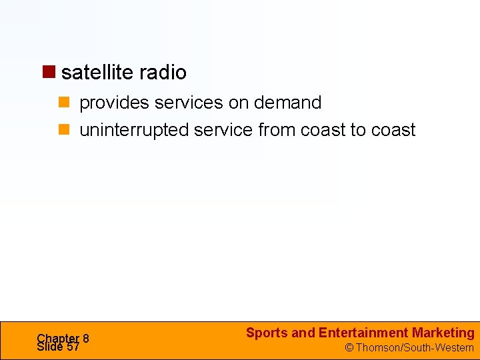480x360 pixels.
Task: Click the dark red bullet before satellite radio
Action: click(49, 71)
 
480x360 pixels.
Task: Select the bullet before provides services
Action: click(64, 103)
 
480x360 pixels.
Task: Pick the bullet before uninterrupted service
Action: click(64, 129)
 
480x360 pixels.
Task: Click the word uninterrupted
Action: click(134, 129)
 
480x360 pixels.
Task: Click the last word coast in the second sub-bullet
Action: click(393, 129)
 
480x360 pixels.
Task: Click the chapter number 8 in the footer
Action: click(85, 339)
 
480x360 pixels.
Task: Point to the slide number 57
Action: click(73, 347)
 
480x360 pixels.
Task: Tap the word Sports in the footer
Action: click(267, 333)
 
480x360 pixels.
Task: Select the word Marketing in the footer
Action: click(443, 333)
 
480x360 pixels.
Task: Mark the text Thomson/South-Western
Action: click(414, 347)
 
